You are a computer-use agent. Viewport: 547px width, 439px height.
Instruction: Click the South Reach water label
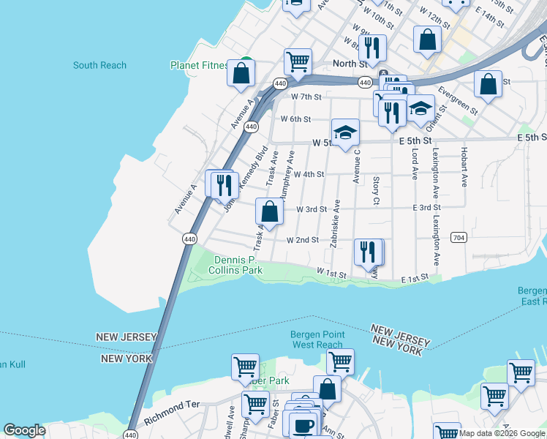(x=99, y=65)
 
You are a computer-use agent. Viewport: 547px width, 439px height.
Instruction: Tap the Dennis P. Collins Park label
(x=238, y=265)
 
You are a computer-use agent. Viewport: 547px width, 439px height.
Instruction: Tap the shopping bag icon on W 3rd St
(x=269, y=212)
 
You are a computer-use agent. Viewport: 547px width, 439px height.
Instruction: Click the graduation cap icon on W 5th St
(x=345, y=132)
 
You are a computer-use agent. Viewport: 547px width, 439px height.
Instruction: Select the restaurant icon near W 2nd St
(x=368, y=252)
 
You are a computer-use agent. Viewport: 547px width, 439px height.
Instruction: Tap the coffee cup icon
(x=301, y=426)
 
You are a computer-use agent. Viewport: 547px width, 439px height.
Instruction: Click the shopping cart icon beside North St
(x=298, y=61)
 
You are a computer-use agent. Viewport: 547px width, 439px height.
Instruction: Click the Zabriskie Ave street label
(x=335, y=224)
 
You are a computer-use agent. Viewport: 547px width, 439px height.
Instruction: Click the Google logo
(x=24, y=430)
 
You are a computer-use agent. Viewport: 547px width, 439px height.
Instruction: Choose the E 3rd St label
(x=426, y=209)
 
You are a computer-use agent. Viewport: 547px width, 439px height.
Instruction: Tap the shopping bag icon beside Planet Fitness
(x=240, y=73)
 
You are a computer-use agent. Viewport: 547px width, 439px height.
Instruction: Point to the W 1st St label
(x=331, y=271)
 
